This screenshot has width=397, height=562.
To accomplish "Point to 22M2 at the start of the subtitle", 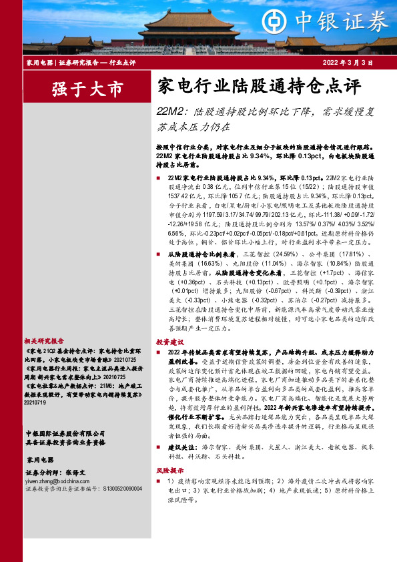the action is pyautogui.click(x=169, y=111).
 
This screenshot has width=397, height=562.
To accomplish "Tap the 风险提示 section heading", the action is pyautogui.click(x=171, y=489).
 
